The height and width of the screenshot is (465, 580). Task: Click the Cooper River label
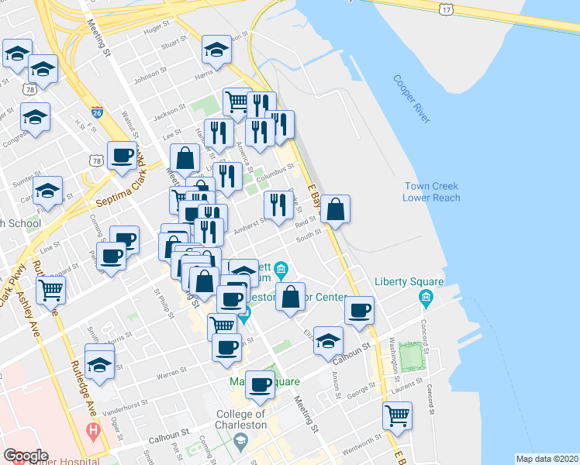coord(411,99)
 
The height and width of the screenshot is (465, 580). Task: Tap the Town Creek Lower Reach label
coord(431,192)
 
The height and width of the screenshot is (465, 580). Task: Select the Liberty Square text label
coord(409,281)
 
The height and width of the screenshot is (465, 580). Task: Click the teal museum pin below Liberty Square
coord(425,298)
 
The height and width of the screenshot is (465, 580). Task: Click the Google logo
coord(26,456)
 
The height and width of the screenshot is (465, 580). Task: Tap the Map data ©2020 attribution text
coord(546,459)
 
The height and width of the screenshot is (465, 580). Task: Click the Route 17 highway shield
coord(444,9)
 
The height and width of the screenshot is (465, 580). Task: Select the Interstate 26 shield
coord(97,112)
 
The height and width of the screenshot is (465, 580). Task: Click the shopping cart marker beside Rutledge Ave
coord(51,291)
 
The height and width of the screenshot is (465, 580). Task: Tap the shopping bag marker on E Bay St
coord(335,208)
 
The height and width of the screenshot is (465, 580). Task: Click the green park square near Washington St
coord(414,356)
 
